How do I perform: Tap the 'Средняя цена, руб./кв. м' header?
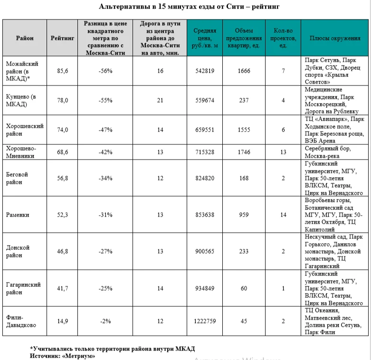[x=205, y=38]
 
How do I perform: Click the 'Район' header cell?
[x=24, y=38]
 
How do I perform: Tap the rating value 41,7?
[x=62, y=288]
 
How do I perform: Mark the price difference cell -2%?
[x=105, y=321]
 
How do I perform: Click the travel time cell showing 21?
[x=160, y=100]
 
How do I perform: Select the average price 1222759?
[x=205, y=321]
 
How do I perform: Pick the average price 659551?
[x=205, y=129]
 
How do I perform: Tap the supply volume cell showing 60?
[x=244, y=288]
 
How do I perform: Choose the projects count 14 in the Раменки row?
[x=283, y=215]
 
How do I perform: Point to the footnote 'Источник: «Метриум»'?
[x=62, y=355]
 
